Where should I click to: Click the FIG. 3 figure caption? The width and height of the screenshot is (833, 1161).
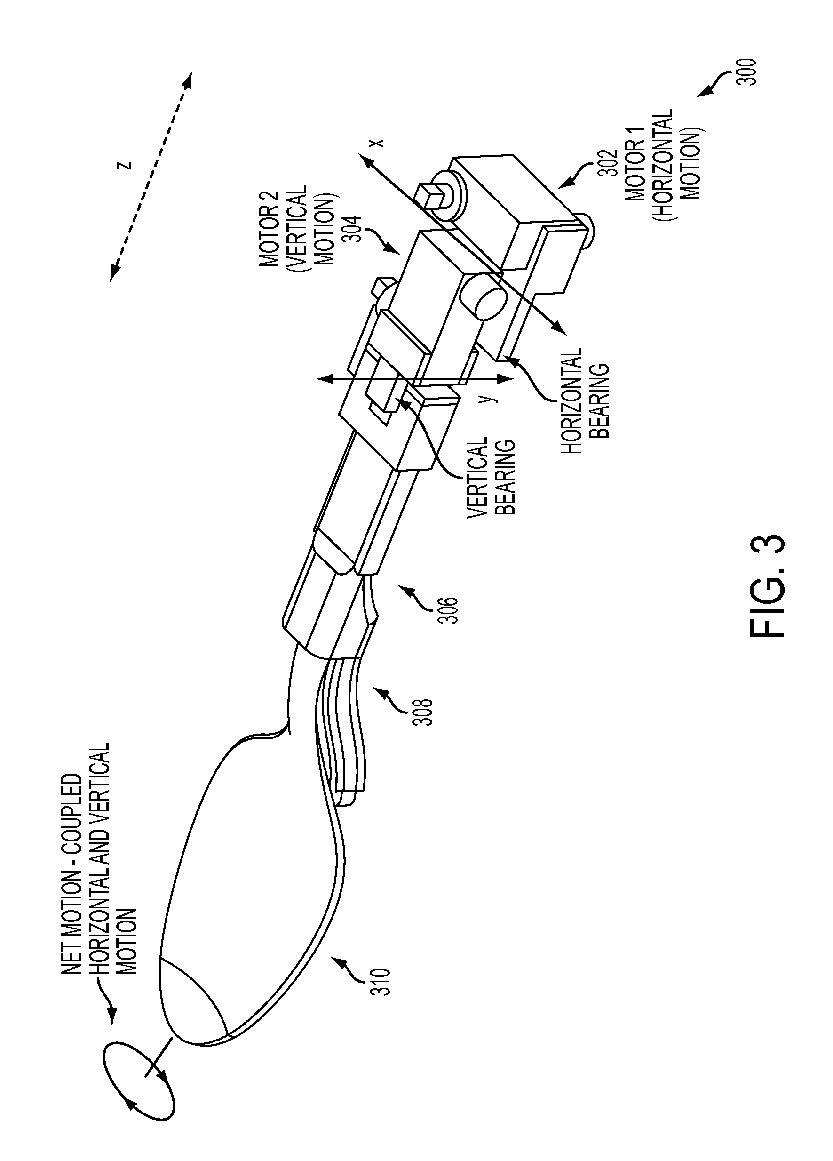(767, 586)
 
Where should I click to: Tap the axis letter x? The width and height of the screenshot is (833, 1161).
(377, 143)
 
